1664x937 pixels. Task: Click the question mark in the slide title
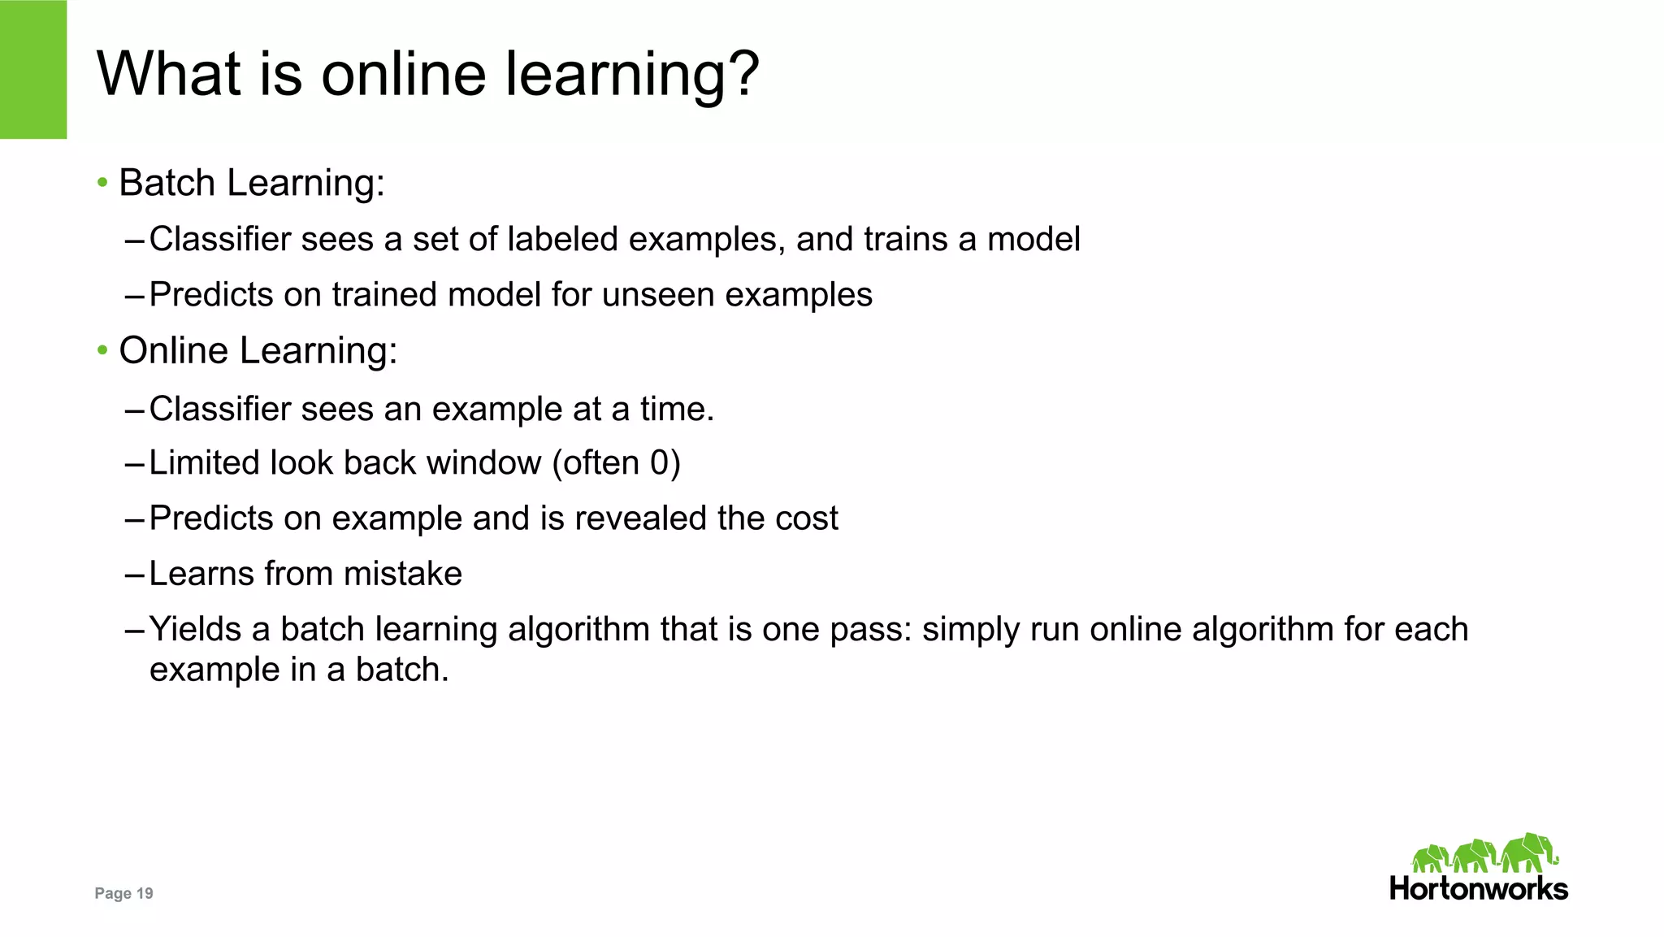739,73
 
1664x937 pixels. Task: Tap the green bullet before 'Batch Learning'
102,182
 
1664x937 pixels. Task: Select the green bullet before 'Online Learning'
102,350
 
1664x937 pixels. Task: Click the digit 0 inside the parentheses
660,463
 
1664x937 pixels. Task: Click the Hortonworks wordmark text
1479,888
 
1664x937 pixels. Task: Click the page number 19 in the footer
145,893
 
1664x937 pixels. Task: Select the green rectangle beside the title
33,69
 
